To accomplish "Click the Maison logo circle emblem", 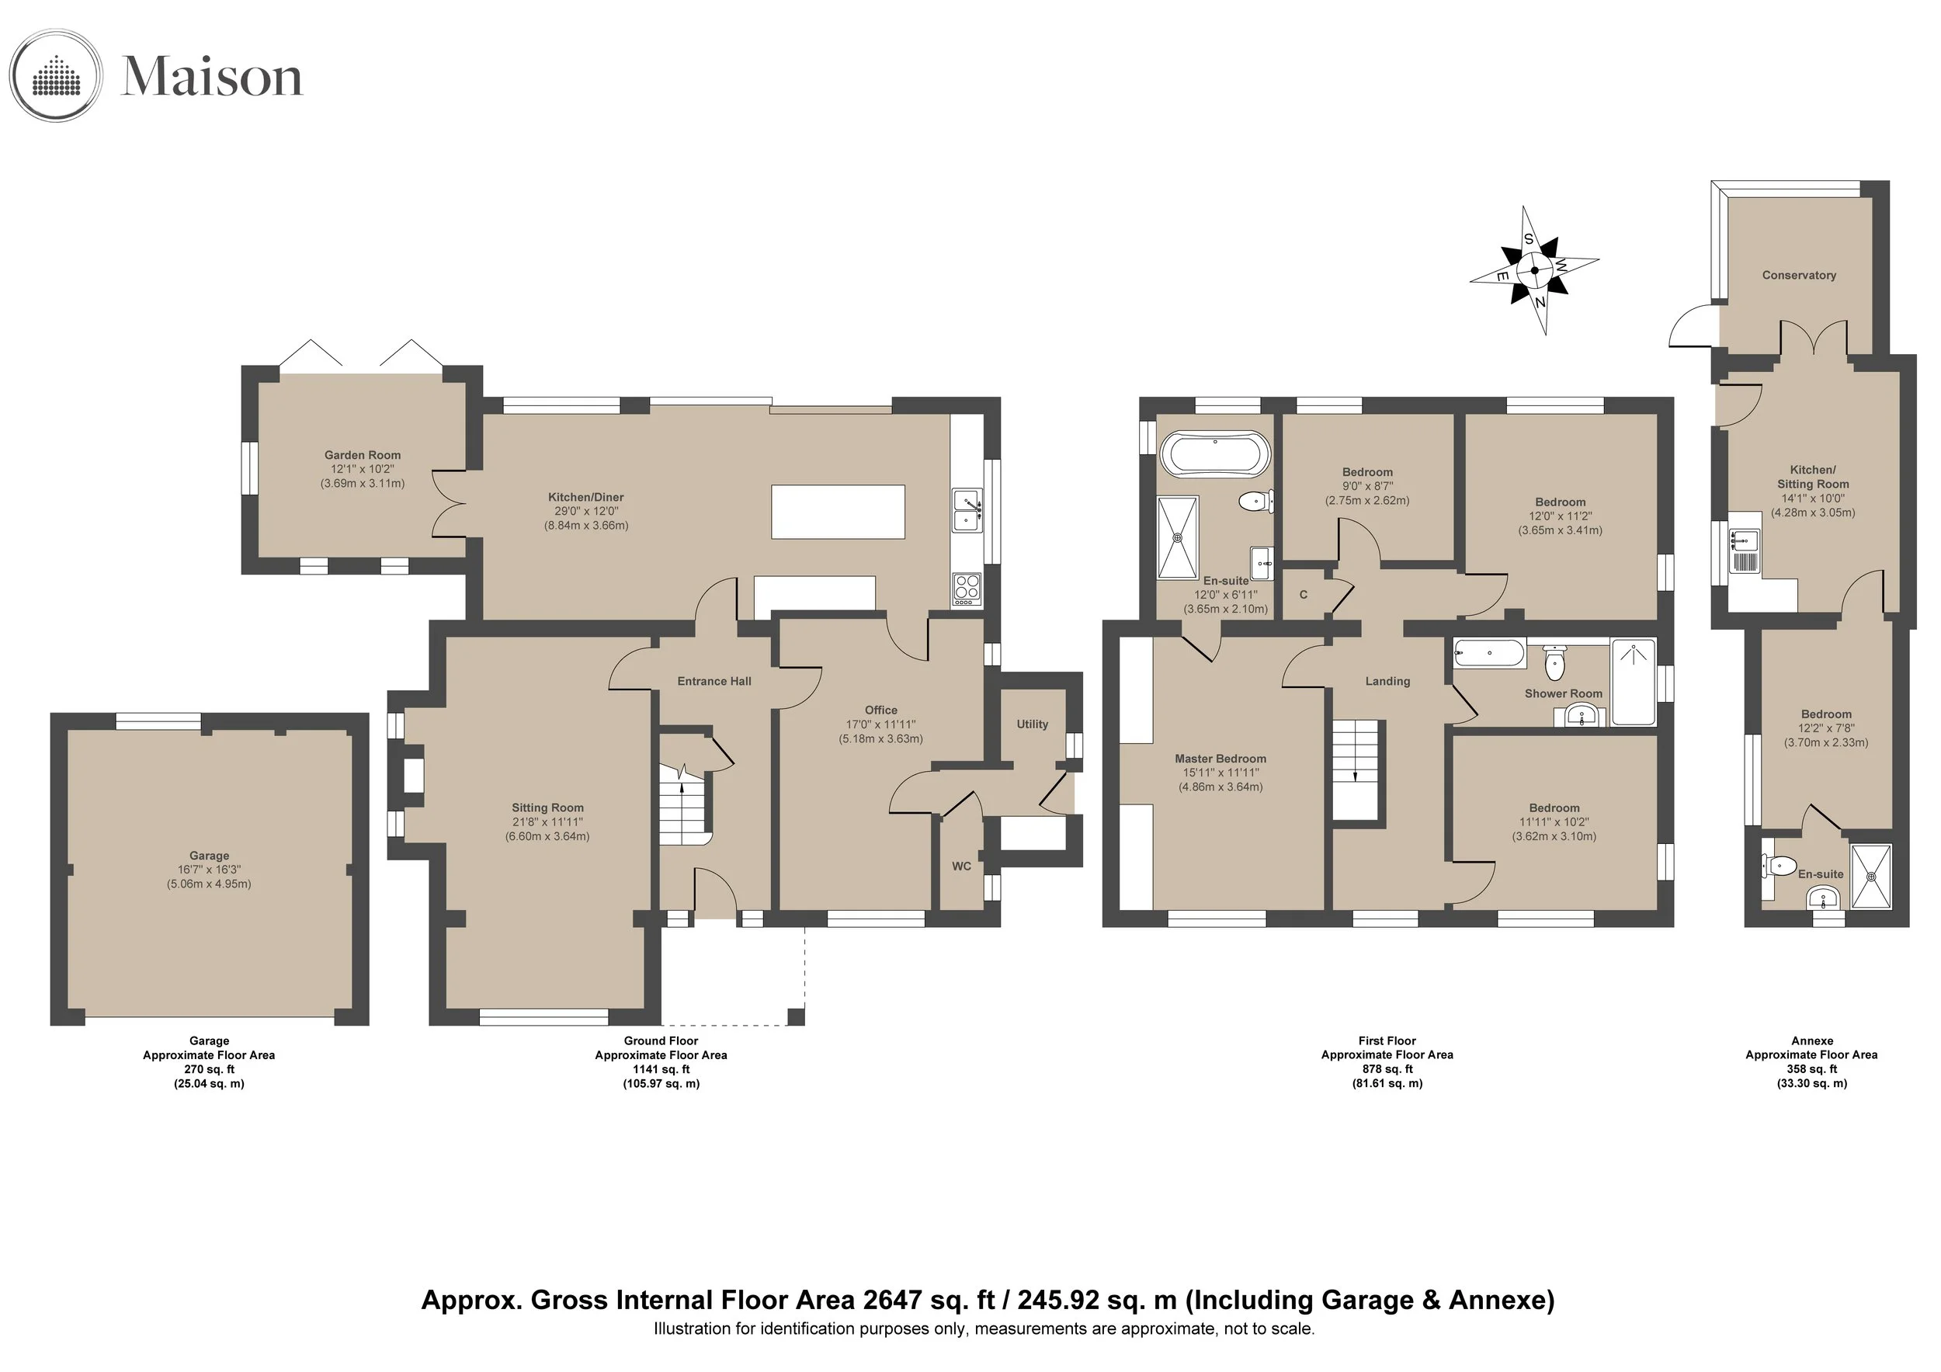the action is point(56,76).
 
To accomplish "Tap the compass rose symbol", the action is point(1533,270).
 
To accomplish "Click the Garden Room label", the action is point(363,455).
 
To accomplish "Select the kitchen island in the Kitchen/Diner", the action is point(838,512).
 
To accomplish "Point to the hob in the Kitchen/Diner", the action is point(967,589).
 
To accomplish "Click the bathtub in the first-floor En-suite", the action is point(1215,454).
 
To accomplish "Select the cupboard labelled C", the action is point(1304,594).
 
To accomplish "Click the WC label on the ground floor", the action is point(961,867).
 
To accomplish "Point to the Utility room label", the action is point(1032,724).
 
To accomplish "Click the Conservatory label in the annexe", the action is point(1799,275).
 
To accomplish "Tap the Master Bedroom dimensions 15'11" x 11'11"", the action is point(1221,773).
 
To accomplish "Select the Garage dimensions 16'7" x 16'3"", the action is point(209,870).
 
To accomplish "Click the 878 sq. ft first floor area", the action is point(1387,1069).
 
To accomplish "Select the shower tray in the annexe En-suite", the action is point(1871,877).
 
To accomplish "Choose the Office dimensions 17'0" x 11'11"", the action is point(881,724).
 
